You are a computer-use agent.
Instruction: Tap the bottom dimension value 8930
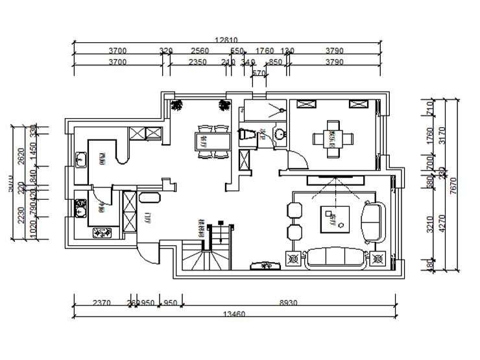click(x=289, y=302)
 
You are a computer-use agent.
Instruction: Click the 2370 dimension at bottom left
click(x=101, y=302)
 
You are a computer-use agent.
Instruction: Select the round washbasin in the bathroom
click(x=280, y=134)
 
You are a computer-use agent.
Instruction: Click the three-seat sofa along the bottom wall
click(x=335, y=258)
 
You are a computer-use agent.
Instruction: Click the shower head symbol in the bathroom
click(x=282, y=111)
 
